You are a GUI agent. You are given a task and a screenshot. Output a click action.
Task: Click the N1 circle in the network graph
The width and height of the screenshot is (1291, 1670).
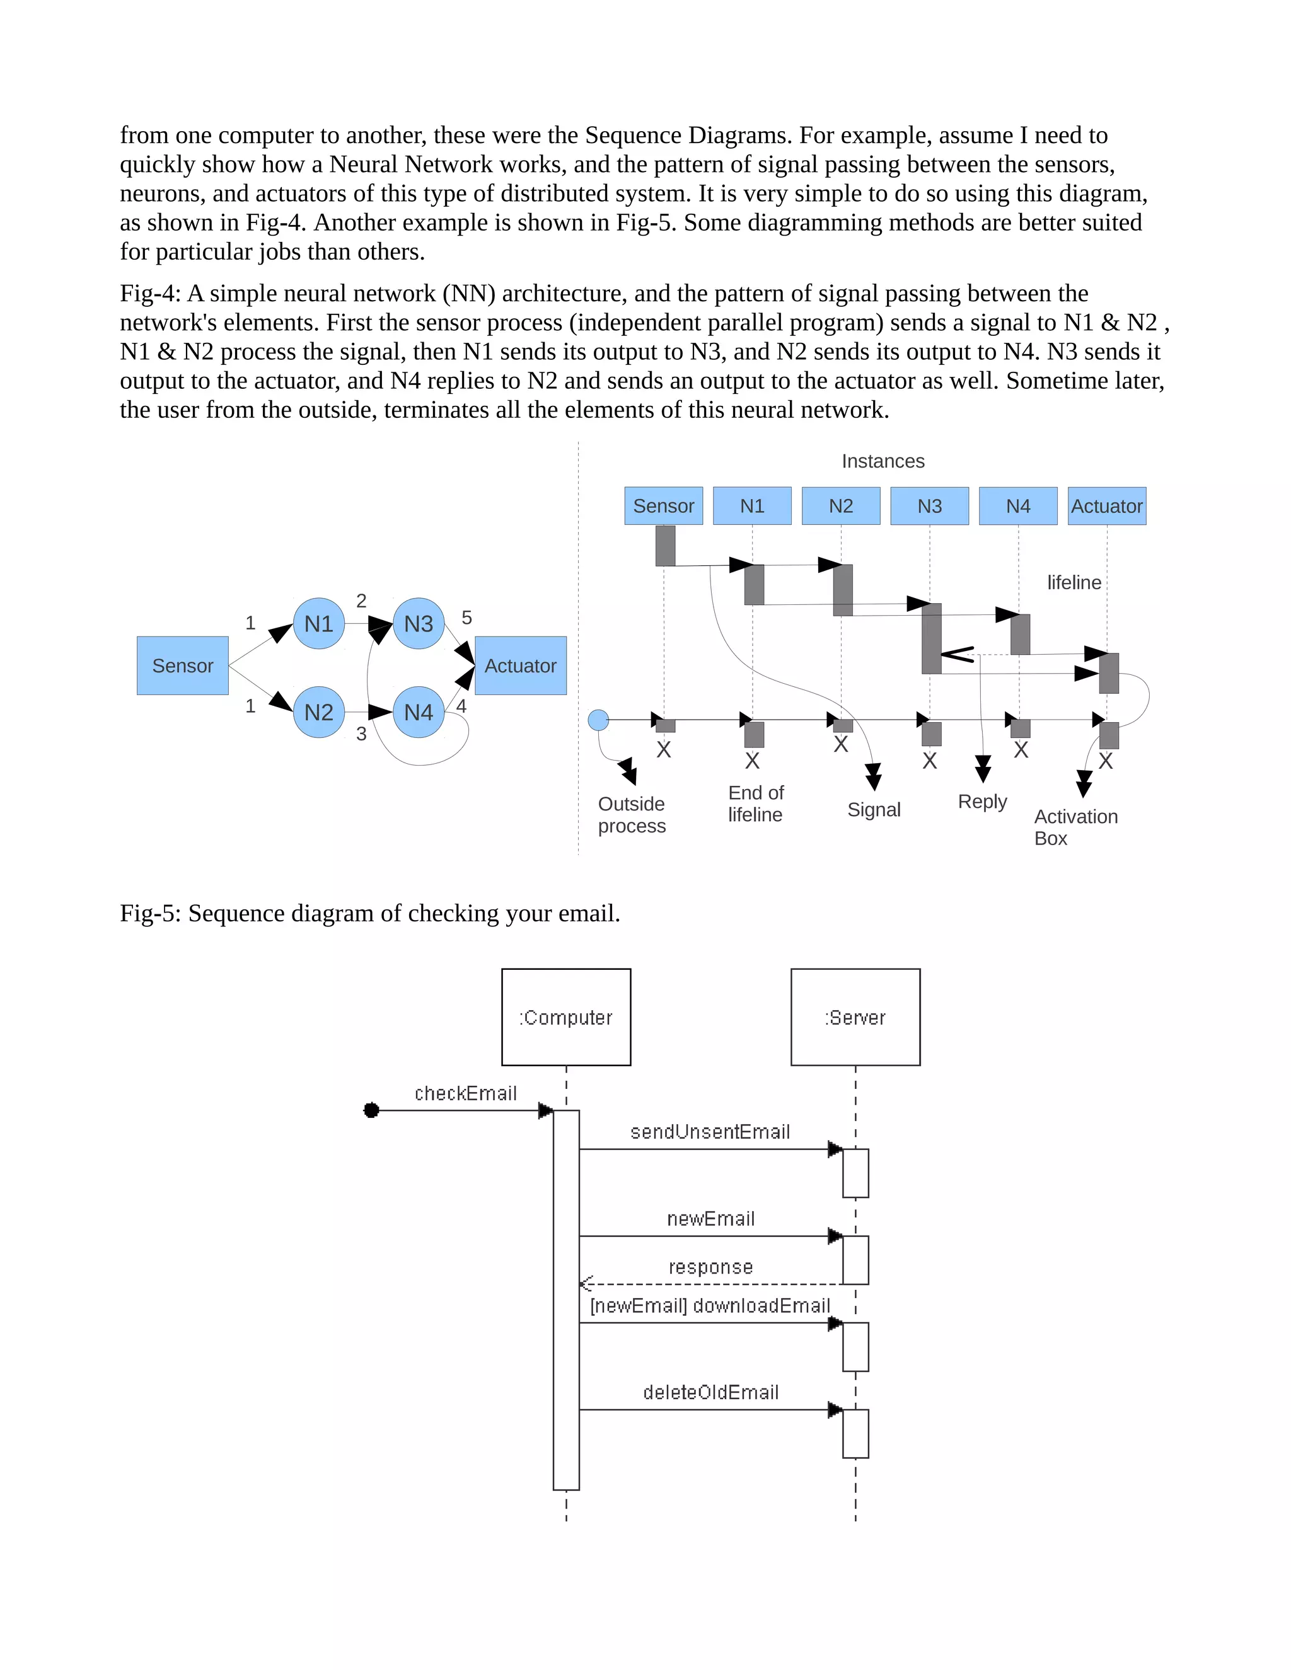(x=318, y=623)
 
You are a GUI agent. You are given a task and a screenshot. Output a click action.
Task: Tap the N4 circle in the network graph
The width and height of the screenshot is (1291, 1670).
(x=419, y=712)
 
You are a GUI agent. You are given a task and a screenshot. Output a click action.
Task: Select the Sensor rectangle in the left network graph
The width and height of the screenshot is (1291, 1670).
(x=183, y=665)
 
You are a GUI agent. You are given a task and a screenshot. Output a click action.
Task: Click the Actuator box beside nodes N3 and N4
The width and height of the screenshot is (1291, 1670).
(x=520, y=665)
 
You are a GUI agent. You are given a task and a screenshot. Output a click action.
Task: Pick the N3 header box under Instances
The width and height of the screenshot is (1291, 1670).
(x=929, y=505)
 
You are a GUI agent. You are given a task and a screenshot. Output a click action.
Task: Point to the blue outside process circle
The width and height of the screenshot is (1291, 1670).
(x=598, y=720)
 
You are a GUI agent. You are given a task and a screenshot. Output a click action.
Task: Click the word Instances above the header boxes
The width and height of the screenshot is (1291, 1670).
(x=883, y=461)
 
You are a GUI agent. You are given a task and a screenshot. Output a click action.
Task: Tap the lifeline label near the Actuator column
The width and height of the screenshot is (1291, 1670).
(x=1074, y=583)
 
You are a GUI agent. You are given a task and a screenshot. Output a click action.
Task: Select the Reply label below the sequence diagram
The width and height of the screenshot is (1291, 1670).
(x=982, y=802)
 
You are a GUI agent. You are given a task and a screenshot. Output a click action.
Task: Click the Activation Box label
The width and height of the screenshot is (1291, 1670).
(x=1075, y=827)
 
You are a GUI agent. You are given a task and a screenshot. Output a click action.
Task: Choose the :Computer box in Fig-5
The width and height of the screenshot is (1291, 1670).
(x=566, y=1017)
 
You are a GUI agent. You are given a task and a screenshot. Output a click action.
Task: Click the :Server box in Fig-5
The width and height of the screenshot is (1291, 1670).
(x=855, y=1017)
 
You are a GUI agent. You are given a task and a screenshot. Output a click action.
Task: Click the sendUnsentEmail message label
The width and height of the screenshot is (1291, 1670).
(x=710, y=1132)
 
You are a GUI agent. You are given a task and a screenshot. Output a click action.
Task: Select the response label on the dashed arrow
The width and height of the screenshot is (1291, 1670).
(x=710, y=1267)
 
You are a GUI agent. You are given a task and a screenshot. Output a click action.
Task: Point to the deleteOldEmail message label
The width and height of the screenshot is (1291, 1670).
(x=710, y=1393)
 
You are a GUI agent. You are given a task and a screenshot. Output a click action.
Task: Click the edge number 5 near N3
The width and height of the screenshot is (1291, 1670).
(x=466, y=618)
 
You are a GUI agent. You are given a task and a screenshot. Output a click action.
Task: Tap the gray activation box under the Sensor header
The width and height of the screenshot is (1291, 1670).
(x=666, y=545)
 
